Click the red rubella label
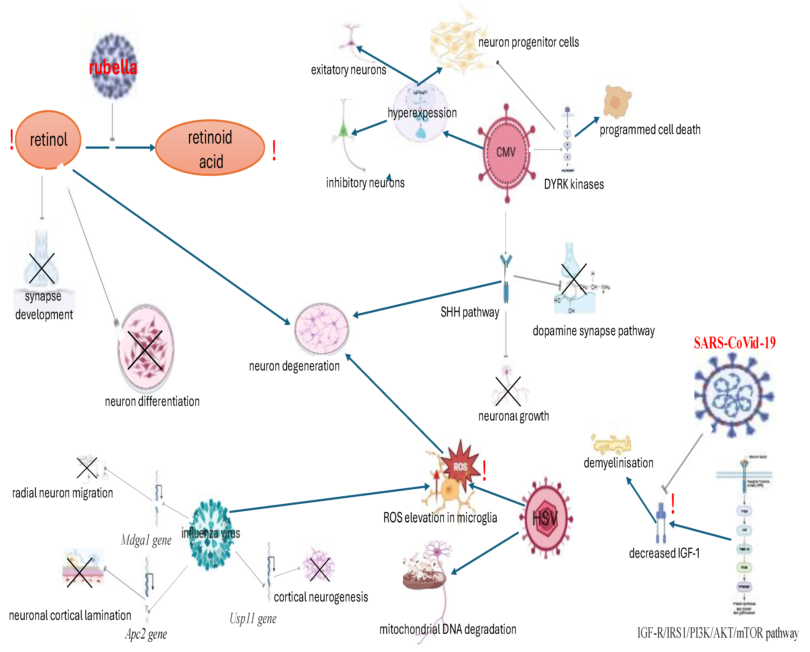[113, 68]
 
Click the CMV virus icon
[506, 152]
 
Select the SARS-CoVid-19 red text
[734, 342]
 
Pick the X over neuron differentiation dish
[145, 350]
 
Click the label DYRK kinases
[574, 184]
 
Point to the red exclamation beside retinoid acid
[274, 150]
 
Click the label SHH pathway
[470, 312]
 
